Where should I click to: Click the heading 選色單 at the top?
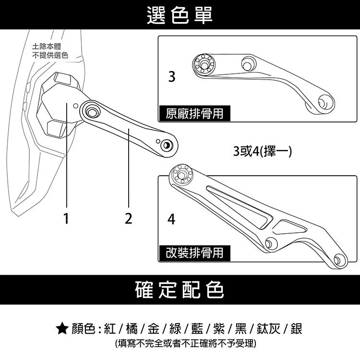pos(180,14)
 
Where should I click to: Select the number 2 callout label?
pos(128,219)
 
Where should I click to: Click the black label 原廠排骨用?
pos(194,114)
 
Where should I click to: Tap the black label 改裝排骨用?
pos(194,252)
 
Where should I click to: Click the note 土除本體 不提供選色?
pos(50,51)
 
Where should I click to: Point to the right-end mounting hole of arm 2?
pos(167,144)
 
